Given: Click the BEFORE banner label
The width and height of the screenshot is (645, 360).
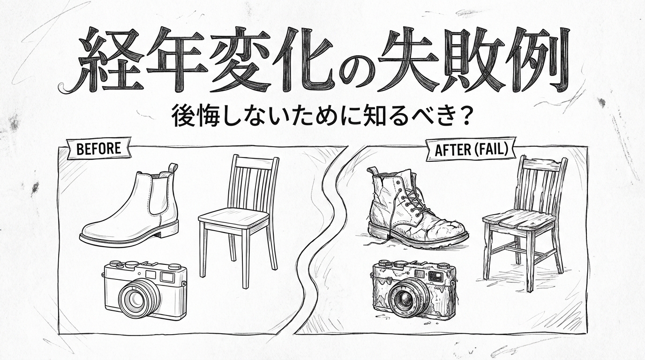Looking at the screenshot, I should point(98,149).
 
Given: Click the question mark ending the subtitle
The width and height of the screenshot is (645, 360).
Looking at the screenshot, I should point(463,117).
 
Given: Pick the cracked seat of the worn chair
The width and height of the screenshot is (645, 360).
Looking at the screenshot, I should point(518,218).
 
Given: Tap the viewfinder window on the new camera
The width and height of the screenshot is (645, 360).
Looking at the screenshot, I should point(166,277).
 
